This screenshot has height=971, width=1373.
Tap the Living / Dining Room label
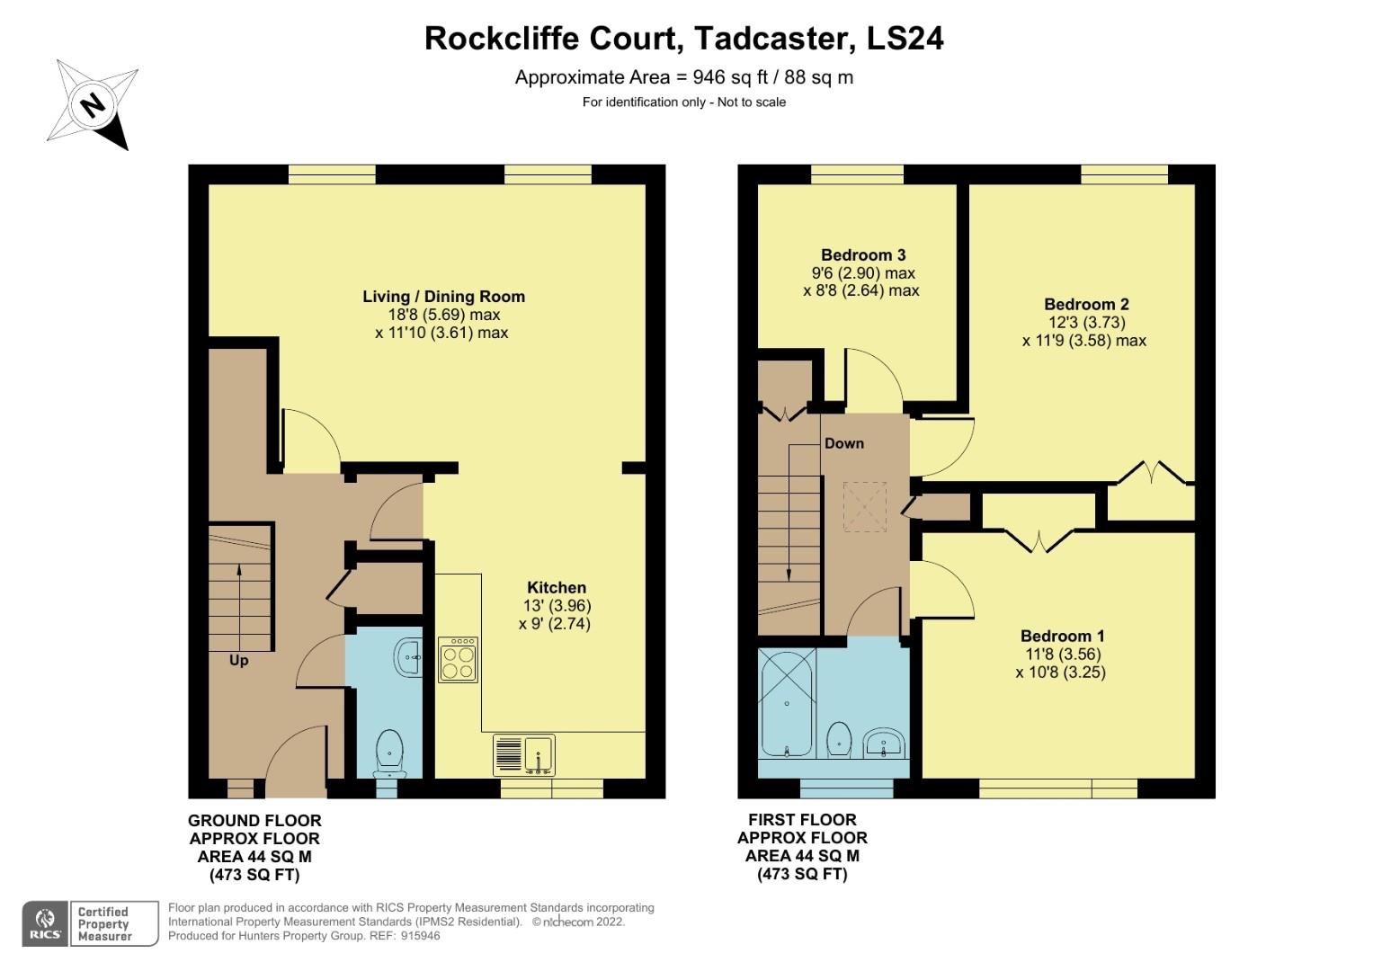[443, 296]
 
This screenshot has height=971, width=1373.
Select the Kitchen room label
[556, 587]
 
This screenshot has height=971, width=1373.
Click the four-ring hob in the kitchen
[458, 660]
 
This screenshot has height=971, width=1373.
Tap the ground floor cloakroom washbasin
[409, 656]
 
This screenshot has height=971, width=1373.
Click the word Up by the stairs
[238, 660]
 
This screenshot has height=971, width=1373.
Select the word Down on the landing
[843, 443]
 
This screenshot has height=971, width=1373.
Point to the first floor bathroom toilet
[838, 738]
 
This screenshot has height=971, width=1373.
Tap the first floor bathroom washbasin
[884, 743]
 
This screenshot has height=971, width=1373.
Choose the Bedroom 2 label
[1086, 304]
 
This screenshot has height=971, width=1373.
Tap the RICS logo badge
[44, 923]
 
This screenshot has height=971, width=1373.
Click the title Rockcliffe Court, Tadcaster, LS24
[683, 39]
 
